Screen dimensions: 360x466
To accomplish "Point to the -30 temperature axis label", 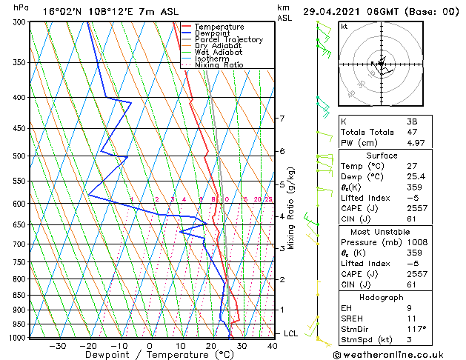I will [x=57, y=345].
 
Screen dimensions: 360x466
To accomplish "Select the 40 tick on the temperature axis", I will [x=273, y=345].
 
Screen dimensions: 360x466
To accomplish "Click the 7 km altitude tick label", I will [x=282, y=119].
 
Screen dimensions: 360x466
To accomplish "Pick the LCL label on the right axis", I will [x=290, y=333].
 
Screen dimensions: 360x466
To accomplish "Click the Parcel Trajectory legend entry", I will [x=228, y=39].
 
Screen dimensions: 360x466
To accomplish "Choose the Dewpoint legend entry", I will [x=213, y=33].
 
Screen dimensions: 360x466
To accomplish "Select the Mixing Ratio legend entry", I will [x=219, y=64].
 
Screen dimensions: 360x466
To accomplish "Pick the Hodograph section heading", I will [x=382, y=297].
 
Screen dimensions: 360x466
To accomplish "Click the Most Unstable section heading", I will [x=382, y=232].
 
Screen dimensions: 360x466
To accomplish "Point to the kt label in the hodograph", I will [x=344, y=26].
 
